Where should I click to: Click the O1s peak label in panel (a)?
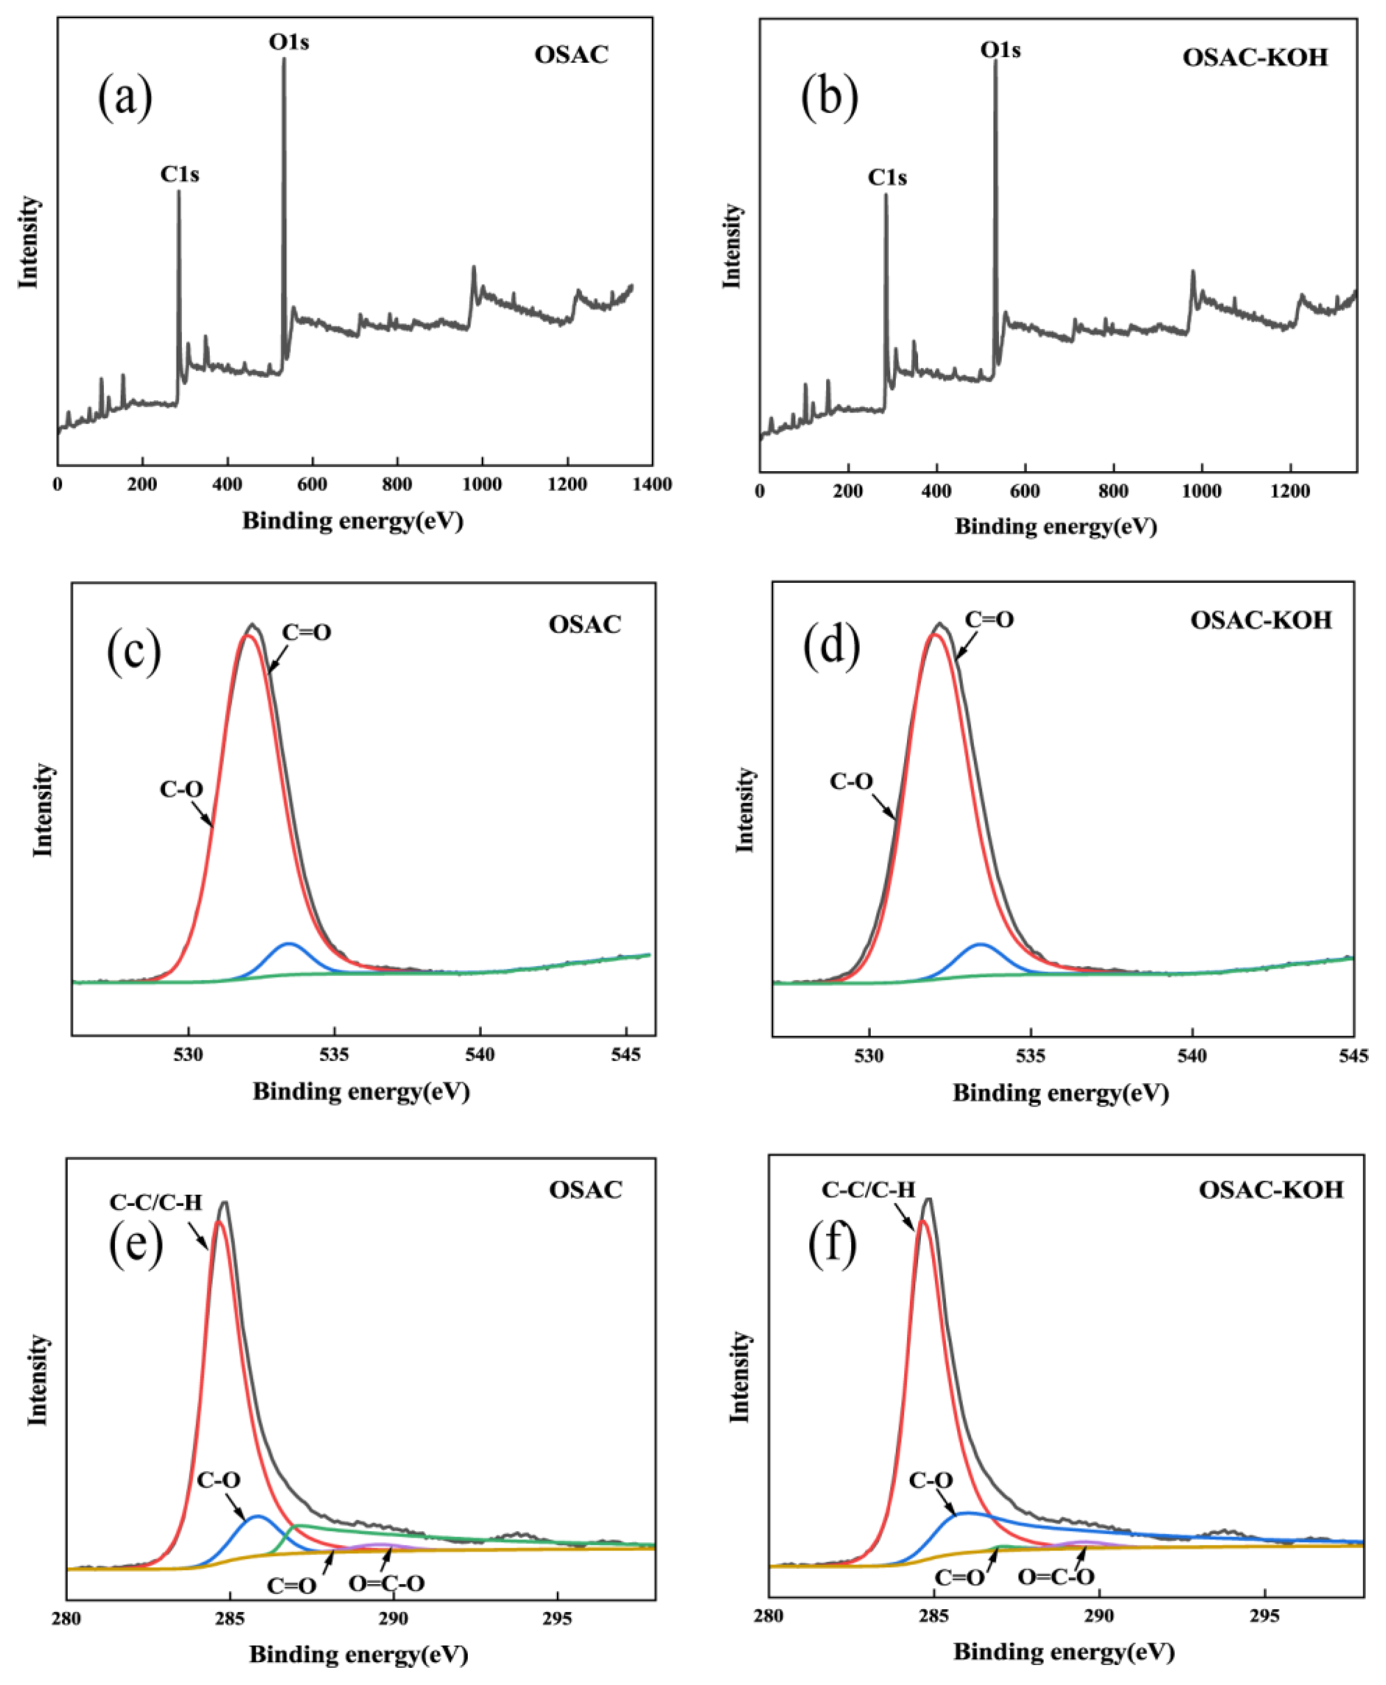pyautogui.click(x=288, y=41)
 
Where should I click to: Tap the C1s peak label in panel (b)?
pyautogui.click(x=887, y=177)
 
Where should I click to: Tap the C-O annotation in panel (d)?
pyautogui.click(x=851, y=781)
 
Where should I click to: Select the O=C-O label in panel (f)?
pyautogui.click(x=1056, y=1576)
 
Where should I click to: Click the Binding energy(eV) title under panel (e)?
pyautogui.click(x=358, y=1654)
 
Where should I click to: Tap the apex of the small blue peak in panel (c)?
pyautogui.click(x=289, y=944)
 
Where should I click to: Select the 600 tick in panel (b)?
pyautogui.click(x=1024, y=491)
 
